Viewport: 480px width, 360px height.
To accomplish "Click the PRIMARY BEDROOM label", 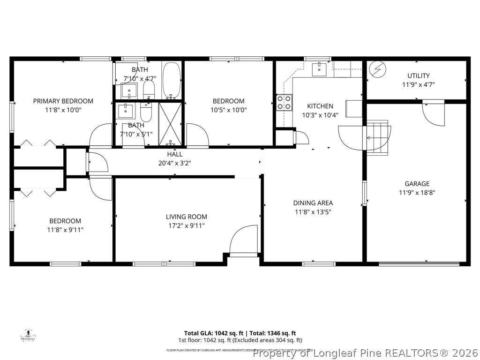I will click(63, 101).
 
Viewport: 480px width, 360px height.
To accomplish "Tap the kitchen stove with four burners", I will click(284, 102).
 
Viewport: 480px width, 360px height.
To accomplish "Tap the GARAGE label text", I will click(417, 184).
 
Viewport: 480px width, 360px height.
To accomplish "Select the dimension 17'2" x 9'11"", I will click(186, 225).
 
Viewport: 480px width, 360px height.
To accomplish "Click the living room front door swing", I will click(244, 240).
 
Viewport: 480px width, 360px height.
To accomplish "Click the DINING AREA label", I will click(313, 203).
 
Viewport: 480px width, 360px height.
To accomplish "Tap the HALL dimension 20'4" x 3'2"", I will click(175, 163).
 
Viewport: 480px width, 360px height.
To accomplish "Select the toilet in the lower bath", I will click(146, 112).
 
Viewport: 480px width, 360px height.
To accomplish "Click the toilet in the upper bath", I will click(149, 90).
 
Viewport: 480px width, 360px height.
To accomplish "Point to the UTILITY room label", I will click(418, 75).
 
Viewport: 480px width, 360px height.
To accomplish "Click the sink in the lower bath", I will click(126, 111).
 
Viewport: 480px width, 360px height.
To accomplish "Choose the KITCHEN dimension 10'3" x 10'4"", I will click(320, 115).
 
